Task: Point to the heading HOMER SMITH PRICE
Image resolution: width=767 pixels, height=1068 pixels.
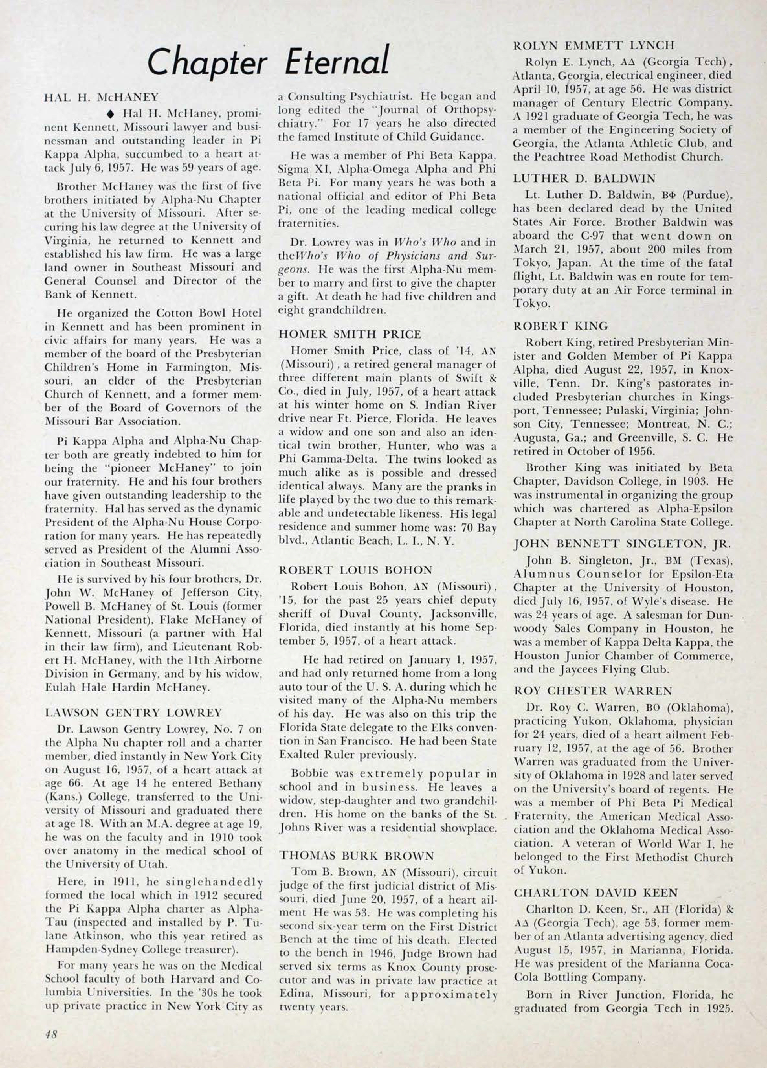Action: pos(350,334)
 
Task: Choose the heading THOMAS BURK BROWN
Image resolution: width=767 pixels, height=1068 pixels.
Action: pos(356,855)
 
